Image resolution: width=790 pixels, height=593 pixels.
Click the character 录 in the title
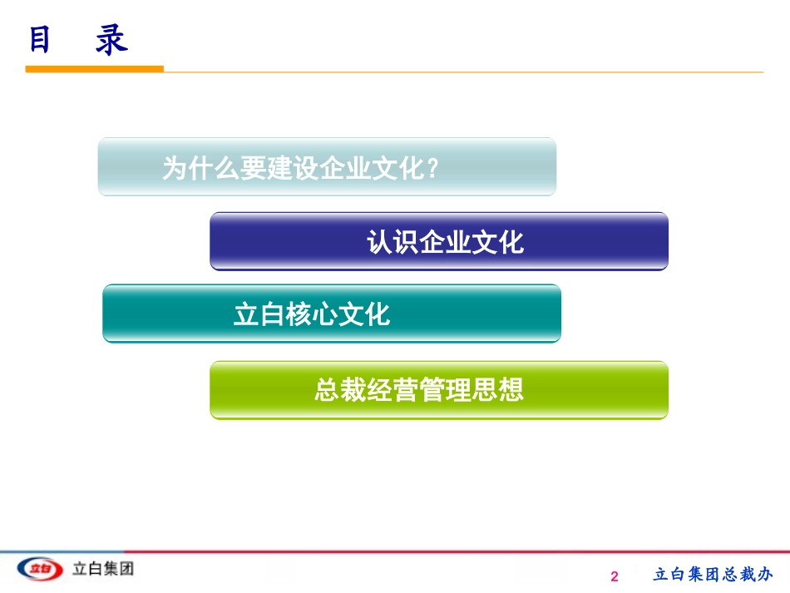[x=111, y=39]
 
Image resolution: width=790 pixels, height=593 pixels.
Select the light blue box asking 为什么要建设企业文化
[x=327, y=167]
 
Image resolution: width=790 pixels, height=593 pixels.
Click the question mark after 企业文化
[x=432, y=169]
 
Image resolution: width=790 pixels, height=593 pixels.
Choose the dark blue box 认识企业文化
[x=439, y=241]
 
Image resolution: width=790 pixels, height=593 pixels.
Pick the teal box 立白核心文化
[x=331, y=314]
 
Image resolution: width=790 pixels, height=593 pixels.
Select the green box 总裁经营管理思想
[x=439, y=390]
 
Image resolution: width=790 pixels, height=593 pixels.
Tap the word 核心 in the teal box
[x=312, y=315]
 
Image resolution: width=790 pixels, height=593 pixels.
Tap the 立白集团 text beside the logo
[x=103, y=569]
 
